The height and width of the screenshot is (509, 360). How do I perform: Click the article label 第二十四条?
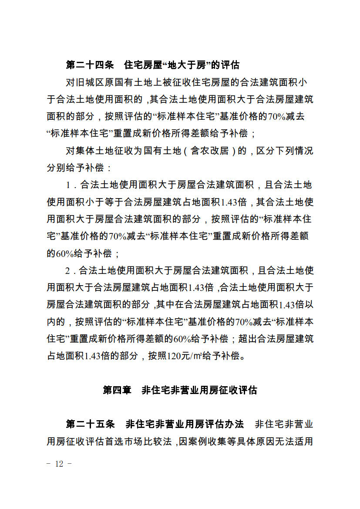tap(90, 65)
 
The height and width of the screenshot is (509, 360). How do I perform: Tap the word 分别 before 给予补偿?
tap(57, 168)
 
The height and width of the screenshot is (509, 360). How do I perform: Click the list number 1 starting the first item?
tap(68, 185)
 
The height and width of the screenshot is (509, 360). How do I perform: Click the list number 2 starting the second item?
tap(68, 271)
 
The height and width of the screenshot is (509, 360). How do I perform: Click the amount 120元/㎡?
tap(187, 357)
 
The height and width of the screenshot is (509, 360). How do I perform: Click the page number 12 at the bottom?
tap(59, 464)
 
